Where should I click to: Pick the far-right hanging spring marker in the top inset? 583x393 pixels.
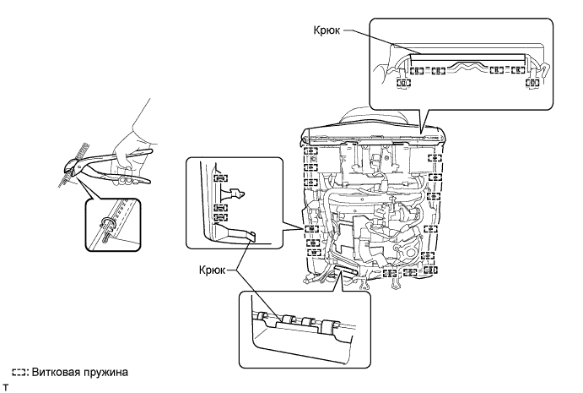(x=532, y=84)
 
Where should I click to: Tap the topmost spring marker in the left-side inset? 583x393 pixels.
(x=220, y=178)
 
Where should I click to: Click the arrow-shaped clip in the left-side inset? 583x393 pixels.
(x=240, y=193)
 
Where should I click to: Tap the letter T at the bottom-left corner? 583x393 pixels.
(x=5, y=385)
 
